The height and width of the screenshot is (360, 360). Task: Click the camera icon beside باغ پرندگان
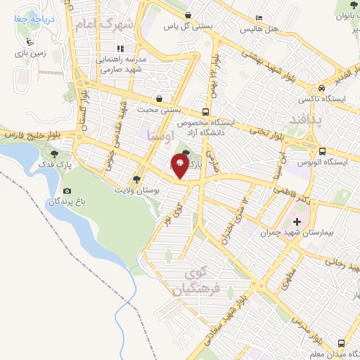pyautogui.click(x=67, y=191)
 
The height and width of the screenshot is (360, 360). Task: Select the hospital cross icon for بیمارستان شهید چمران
pyautogui.click(x=306, y=221)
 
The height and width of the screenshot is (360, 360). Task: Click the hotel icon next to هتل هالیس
pyautogui.click(x=259, y=18)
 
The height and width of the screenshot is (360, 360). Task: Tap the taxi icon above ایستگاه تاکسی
pyautogui.click(x=321, y=89)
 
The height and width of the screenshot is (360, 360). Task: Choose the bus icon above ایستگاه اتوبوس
pyautogui.click(x=321, y=151)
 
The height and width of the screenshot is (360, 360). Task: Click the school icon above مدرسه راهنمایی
pyautogui.click(x=121, y=49)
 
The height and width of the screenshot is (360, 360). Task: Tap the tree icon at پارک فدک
pyautogui.click(x=56, y=153)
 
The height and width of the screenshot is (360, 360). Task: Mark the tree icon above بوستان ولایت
pyautogui.click(x=137, y=179)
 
